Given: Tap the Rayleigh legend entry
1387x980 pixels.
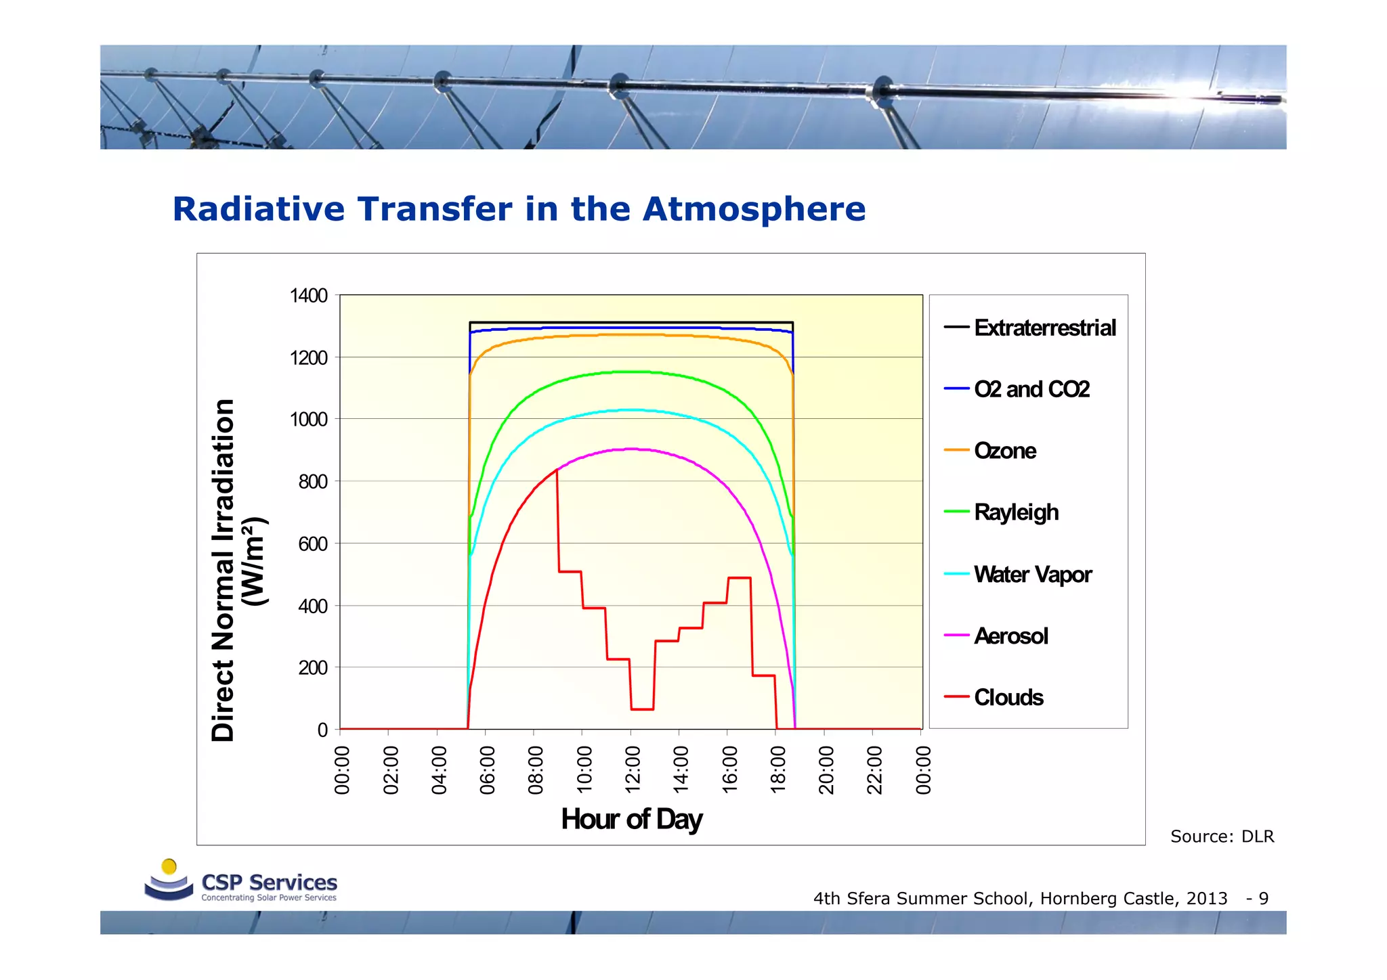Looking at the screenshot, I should [x=1015, y=512].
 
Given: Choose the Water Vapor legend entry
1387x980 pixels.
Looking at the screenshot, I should [x=1032, y=575].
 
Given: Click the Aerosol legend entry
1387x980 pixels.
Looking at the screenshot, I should [x=1010, y=636].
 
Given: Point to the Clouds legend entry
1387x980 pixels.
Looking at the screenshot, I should [x=1008, y=698].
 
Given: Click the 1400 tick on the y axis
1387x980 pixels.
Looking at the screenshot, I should [x=308, y=296].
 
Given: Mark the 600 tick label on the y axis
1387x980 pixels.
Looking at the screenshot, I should [x=312, y=544].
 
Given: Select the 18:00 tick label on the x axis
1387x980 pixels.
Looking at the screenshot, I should [x=778, y=770].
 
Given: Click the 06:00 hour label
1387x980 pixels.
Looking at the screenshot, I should [x=487, y=770].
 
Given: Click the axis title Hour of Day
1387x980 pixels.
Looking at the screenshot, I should [x=631, y=819].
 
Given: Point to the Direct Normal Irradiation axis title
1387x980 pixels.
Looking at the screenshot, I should [x=223, y=570].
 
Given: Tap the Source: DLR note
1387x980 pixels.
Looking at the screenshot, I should [x=1222, y=837].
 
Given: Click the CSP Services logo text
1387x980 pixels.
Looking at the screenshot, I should [x=269, y=883].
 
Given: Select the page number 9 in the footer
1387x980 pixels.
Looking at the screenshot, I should [x=1263, y=898].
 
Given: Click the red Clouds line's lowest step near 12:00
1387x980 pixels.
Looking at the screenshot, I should [x=642, y=709].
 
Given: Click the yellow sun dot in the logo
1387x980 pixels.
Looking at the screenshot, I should [x=169, y=866].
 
